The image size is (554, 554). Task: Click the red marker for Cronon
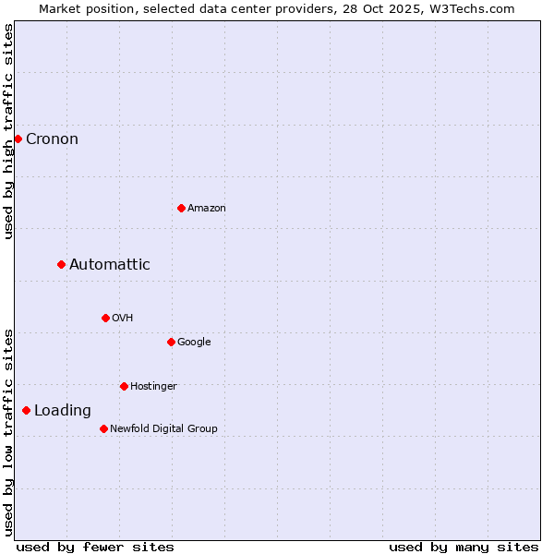tap(18, 138)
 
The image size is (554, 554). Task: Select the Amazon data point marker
tap(181, 208)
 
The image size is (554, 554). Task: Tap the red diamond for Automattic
tap(61, 265)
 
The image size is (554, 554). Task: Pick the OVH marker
tap(105, 318)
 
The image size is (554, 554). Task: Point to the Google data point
tap(171, 342)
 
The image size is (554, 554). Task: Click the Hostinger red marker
tap(124, 386)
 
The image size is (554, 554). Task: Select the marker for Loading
tap(26, 411)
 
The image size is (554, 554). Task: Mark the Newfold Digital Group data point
tap(103, 428)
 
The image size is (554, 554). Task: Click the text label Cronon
tap(52, 139)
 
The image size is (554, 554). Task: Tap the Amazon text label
tap(206, 209)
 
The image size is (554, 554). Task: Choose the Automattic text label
tap(109, 265)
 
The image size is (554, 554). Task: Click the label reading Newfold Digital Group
tap(163, 428)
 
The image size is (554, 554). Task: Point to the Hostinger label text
tap(153, 386)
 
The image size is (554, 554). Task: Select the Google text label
tap(194, 342)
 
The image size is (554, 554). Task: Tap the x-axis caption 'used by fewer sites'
tap(95, 547)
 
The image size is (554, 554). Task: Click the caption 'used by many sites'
tap(464, 547)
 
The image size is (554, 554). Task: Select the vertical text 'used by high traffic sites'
tap(8, 131)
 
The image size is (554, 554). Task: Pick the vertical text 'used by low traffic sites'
tap(8, 432)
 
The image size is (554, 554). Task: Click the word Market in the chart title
tap(60, 8)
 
